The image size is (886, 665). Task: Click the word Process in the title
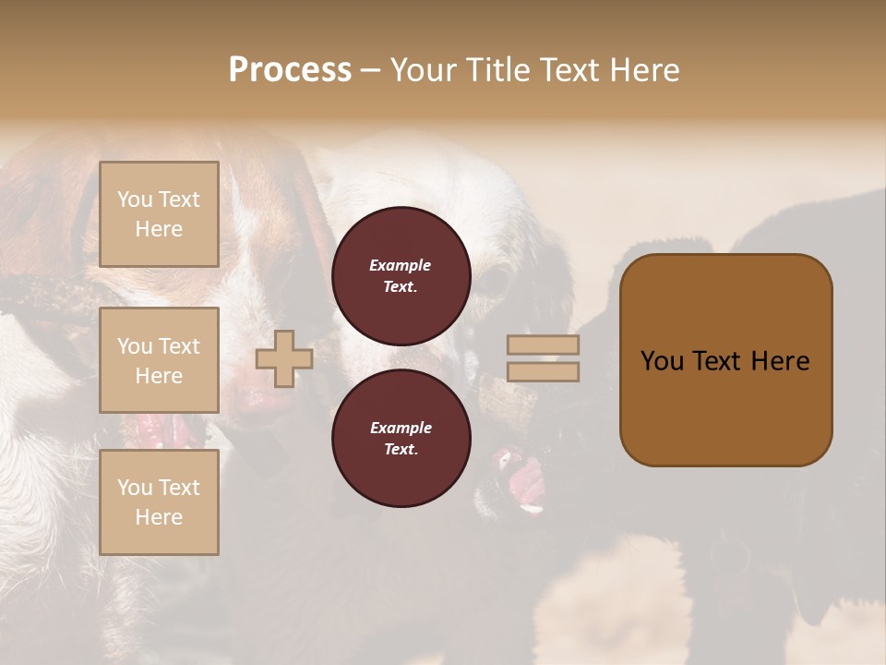[290, 69]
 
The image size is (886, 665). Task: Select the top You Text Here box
[159, 214]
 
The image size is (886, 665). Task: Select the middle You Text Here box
[159, 360]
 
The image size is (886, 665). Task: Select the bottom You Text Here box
[159, 502]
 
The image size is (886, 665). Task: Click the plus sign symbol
[284, 358]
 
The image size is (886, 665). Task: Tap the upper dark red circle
[401, 275]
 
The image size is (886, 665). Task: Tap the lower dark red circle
[401, 438]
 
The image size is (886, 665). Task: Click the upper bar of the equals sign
[543, 345]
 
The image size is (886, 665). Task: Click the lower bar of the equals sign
[543, 371]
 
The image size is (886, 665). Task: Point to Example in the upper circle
[401, 265]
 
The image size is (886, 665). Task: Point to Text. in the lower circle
[401, 449]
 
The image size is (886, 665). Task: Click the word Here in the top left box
[159, 229]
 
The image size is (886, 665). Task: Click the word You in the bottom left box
[135, 488]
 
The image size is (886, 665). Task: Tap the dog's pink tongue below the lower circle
[526, 480]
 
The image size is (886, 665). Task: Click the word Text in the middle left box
[178, 346]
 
